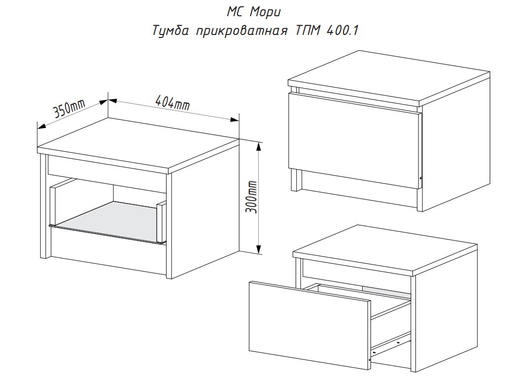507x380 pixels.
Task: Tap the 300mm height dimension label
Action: tap(251, 197)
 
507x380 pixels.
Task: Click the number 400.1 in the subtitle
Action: tap(342, 31)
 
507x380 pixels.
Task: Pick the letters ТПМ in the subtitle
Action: tap(307, 31)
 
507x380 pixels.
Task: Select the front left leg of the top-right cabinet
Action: tap(295, 179)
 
